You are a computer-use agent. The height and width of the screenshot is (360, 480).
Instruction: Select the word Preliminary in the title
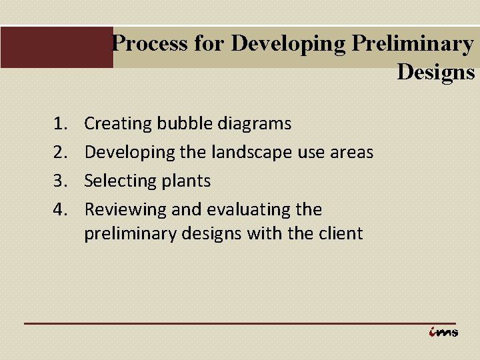[x=413, y=43]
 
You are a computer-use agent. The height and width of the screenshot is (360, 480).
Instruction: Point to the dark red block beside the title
[x=56, y=47]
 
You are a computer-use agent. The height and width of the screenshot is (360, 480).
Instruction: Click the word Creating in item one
[x=118, y=123]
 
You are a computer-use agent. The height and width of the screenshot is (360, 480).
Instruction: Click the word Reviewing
[x=125, y=209]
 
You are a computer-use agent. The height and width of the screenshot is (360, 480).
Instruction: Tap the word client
[x=341, y=233]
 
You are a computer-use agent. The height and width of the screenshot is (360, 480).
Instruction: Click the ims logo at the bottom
[x=443, y=331]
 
